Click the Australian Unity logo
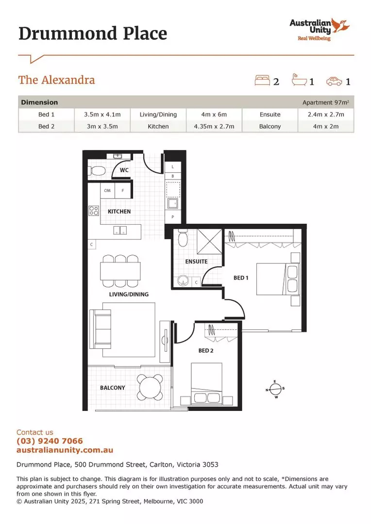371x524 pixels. point(319,29)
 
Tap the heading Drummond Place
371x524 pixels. point(93,33)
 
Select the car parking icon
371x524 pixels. point(334,81)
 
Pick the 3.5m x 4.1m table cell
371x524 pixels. point(99,115)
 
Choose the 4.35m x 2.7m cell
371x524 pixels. point(214,126)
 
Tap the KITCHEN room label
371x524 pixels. point(119,212)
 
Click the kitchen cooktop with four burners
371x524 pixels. point(94,211)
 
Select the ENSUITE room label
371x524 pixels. point(196,262)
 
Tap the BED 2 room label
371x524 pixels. point(205,350)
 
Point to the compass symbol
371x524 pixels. point(275,389)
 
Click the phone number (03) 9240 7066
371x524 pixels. point(50,441)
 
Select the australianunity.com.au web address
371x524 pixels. point(65,450)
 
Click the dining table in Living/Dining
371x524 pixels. point(120,271)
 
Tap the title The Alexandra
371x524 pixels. point(56,80)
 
